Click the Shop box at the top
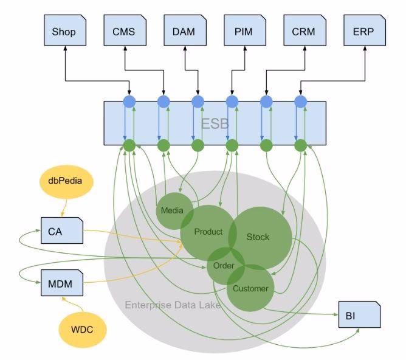pyautogui.click(x=65, y=32)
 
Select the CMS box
pyautogui.click(x=124, y=32)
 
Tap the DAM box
pyautogui.click(x=184, y=32)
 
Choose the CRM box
pyautogui.click(x=303, y=32)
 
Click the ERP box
pyautogui.click(x=363, y=32)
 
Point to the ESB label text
pyautogui.click(x=215, y=123)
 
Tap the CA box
pyautogui.click(x=60, y=231)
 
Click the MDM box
pyautogui.click(x=60, y=283)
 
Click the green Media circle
pyautogui.click(x=173, y=210)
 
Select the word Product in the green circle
pyautogui.click(x=208, y=232)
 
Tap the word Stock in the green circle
pyautogui.click(x=258, y=237)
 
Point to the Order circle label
pyautogui.click(x=224, y=266)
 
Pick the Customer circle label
pyautogui.click(x=250, y=288)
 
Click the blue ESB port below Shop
pyautogui.click(x=129, y=102)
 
